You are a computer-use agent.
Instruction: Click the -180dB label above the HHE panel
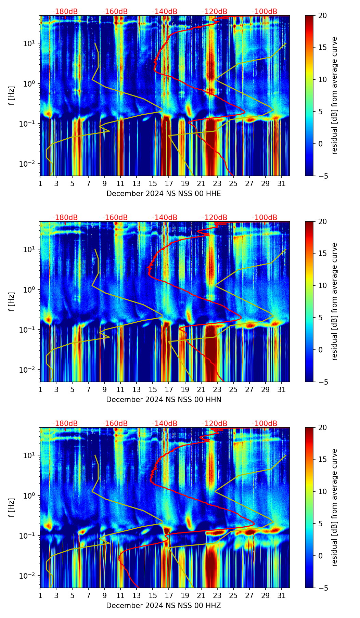pos(65,12)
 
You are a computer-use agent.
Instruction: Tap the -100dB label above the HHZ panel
pos(265,424)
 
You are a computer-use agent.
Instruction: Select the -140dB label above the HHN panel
pos(165,218)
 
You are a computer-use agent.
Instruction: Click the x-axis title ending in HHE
pos(164,194)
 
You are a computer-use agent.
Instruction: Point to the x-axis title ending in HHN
pos(164,400)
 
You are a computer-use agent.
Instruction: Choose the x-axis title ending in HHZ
pos(163,606)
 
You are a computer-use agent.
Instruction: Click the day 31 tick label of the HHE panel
pos(281,183)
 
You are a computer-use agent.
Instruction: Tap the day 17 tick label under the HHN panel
pos(169,389)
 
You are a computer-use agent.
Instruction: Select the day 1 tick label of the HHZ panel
pos(40,595)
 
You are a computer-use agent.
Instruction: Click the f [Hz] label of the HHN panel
pos(12,301)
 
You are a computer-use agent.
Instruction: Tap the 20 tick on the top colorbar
pos(322,16)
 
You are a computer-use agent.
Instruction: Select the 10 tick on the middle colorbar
pos(322,285)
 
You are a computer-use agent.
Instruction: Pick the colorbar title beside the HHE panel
pos(334,95)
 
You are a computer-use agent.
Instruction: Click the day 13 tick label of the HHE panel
pos(137,183)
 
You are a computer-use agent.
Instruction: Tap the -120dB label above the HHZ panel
pos(215,424)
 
